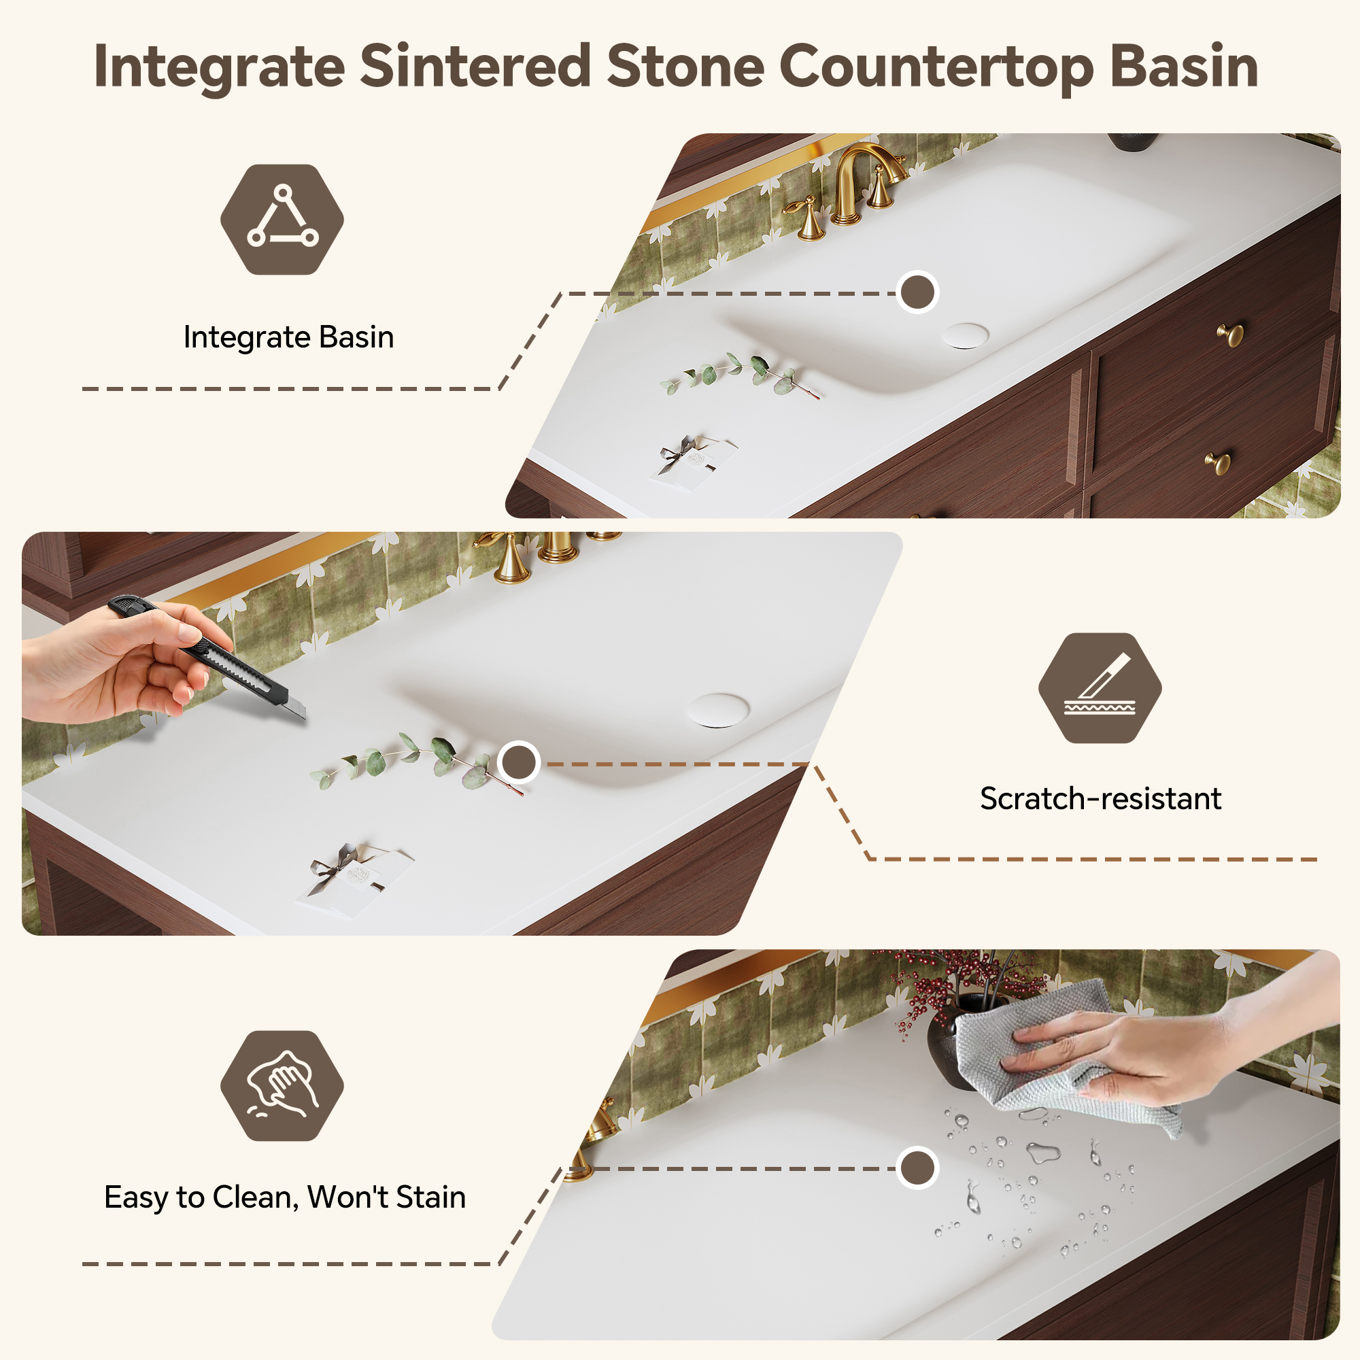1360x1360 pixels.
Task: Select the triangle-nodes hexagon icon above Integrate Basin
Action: point(282,220)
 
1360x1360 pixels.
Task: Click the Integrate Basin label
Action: point(288,337)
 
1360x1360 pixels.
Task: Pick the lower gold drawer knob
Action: point(1218,462)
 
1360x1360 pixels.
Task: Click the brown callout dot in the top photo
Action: point(917,292)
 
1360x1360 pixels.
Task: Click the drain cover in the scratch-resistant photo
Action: point(718,709)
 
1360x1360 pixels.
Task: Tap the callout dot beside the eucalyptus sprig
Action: point(519,762)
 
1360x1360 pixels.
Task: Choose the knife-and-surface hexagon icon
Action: point(1100,687)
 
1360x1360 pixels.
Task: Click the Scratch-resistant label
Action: point(1100,798)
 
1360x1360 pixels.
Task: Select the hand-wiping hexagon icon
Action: point(282,1085)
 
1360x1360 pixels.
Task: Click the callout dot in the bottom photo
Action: point(917,1168)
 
